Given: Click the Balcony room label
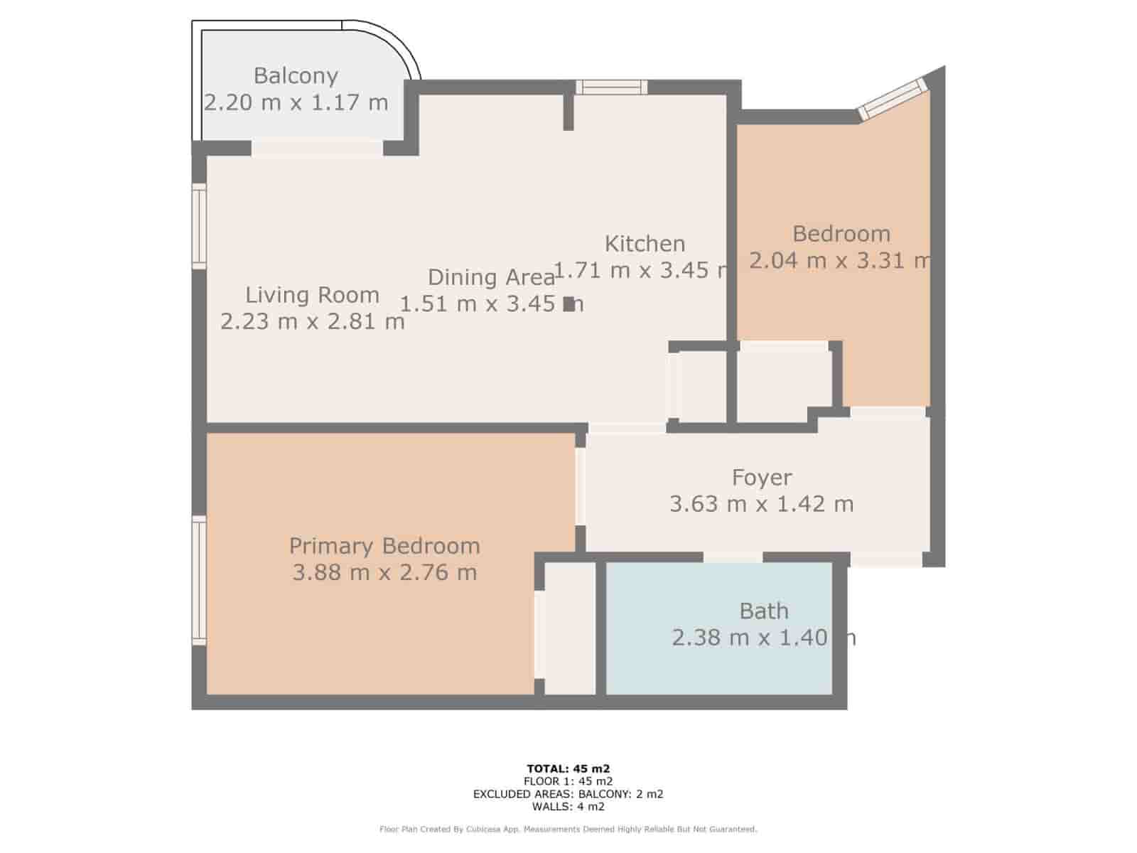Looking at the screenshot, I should pyautogui.click(x=296, y=75).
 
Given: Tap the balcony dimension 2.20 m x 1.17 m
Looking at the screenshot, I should pyautogui.click(x=296, y=102).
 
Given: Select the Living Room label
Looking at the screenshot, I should pyautogui.click(x=312, y=294).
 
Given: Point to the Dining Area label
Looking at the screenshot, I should pyautogui.click(x=491, y=277).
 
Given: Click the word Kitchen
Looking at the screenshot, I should pyautogui.click(x=645, y=244).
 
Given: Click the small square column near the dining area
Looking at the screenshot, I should pyautogui.click(x=568, y=304).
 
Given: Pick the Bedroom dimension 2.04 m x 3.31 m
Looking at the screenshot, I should pyautogui.click(x=840, y=260).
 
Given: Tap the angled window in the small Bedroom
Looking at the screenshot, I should pyautogui.click(x=893, y=98).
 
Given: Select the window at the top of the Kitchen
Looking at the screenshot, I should pyautogui.click(x=611, y=87).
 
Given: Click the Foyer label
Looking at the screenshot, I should pyautogui.click(x=762, y=478).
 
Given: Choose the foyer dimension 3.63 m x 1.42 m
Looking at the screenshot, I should pyautogui.click(x=762, y=504).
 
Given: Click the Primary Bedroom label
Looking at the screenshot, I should pyautogui.click(x=384, y=546).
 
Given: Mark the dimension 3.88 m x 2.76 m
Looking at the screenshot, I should pyautogui.click(x=384, y=572).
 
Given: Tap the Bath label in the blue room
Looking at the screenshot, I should pyautogui.click(x=764, y=611).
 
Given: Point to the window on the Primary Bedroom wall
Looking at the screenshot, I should pyautogui.click(x=199, y=580).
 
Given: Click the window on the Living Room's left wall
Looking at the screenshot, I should pyautogui.click(x=199, y=226).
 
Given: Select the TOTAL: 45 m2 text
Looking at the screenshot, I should pyautogui.click(x=568, y=768).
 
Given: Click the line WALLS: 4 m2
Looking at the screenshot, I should pyautogui.click(x=568, y=807).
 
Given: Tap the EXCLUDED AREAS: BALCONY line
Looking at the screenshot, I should pyautogui.click(x=568, y=794).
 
